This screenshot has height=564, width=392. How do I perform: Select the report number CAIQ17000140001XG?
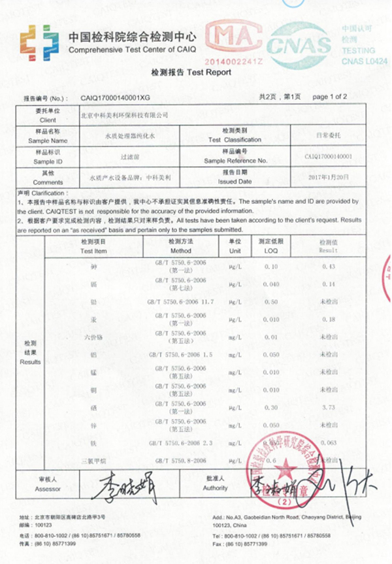coord(116,97)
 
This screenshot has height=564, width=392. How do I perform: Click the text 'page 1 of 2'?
coord(330,97)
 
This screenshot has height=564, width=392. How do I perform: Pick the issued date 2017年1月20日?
coord(329,178)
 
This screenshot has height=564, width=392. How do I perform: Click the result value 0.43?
coord(329,267)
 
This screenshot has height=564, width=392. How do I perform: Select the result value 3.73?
coord(329,406)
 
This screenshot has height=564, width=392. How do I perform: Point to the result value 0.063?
coord(329,442)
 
